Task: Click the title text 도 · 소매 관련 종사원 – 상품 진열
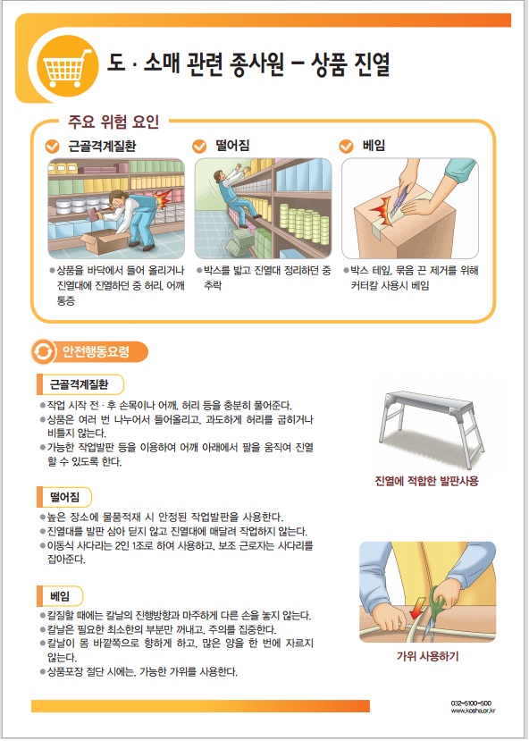[x=248, y=64]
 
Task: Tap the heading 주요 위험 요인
[x=113, y=122]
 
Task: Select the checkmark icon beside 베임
[x=346, y=146]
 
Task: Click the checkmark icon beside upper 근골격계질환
[x=52, y=146]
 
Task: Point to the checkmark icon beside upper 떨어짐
[x=199, y=146]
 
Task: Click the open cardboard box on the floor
[x=105, y=241]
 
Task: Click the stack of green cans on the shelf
[x=304, y=223]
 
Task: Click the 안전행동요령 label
[x=96, y=352]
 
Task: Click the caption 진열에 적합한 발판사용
[x=426, y=481]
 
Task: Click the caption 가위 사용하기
[x=427, y=656]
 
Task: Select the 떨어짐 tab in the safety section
[x=64, y=497]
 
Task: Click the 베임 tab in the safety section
[x=60, y=596]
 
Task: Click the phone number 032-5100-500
[x=471, y=703]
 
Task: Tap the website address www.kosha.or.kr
[x=474, y=711]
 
